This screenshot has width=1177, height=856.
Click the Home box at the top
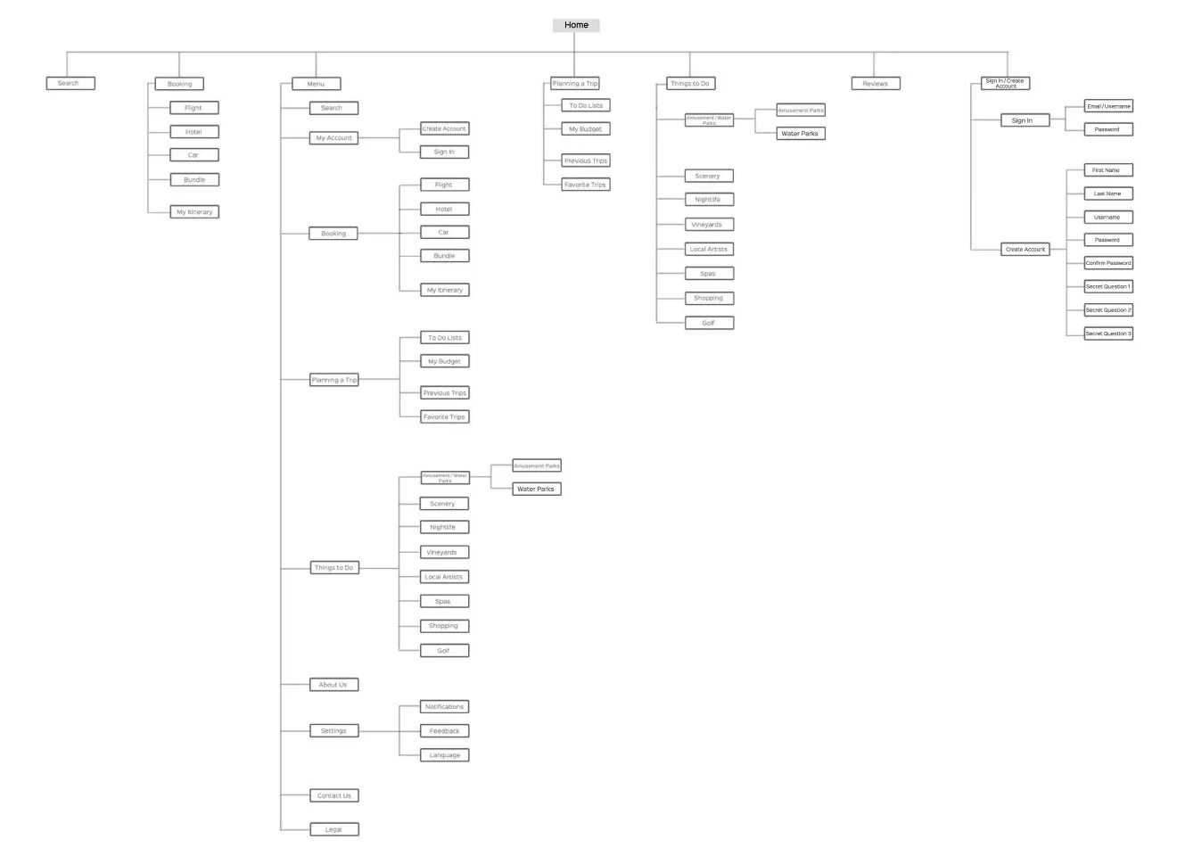pos(576,25)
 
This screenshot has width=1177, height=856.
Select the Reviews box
pos(875,83)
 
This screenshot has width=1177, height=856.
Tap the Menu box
pos(316,84)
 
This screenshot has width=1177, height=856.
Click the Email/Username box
pos(1108,106)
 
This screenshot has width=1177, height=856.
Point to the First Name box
pos(1107,169)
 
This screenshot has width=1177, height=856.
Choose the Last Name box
pos(1107,193)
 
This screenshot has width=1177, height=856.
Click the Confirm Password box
pos(1107,263)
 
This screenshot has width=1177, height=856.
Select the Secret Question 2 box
pos(1107,310)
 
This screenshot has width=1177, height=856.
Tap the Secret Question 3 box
pos(1107,333)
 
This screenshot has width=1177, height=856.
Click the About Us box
pos(333,685)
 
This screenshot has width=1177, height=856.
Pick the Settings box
pos(333,730)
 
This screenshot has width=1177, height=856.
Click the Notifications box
pos(444,706)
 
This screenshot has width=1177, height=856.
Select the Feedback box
pos(444,730)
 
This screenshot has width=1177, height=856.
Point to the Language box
pos(444,755)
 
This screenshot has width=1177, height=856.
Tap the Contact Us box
pos(333,795)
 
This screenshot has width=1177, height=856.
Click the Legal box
pos(333,829)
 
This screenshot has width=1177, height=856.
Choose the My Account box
pos(333,138)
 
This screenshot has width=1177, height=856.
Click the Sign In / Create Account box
pos(1006,83)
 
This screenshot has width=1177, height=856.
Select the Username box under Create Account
pos(1107,217)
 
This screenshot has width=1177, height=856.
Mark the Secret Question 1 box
pos(1107,286)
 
